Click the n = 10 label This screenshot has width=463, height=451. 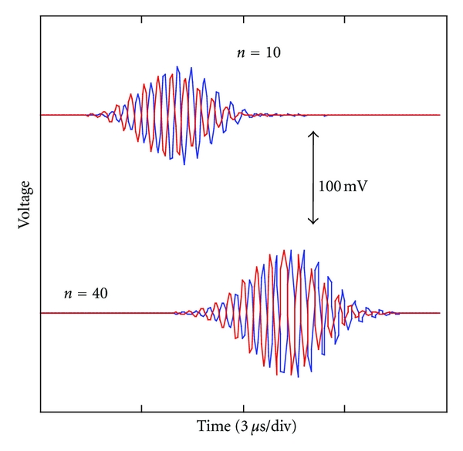click(257, 53)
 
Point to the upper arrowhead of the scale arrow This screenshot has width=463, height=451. click(313, 133)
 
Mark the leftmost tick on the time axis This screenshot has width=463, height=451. click(142, 406)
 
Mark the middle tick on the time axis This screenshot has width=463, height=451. click(244, 406)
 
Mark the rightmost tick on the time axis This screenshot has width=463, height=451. click(346, 406)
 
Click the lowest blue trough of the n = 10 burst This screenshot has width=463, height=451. click(184, 164)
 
